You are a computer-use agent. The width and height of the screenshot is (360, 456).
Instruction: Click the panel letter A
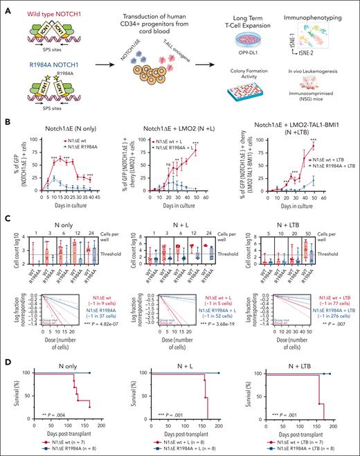[6, 6]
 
